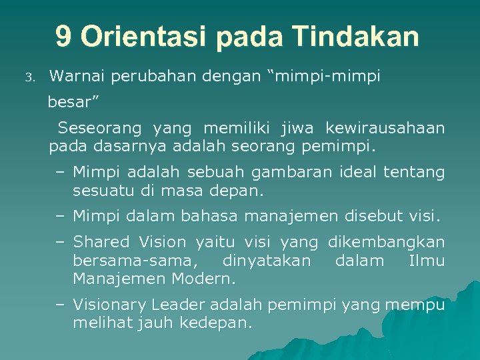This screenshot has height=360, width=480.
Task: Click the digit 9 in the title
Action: point(63,37)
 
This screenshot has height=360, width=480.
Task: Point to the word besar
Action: point(71,103)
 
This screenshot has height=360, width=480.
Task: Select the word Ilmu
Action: point(427,260)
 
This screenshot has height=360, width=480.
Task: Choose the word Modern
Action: point(206,277)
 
